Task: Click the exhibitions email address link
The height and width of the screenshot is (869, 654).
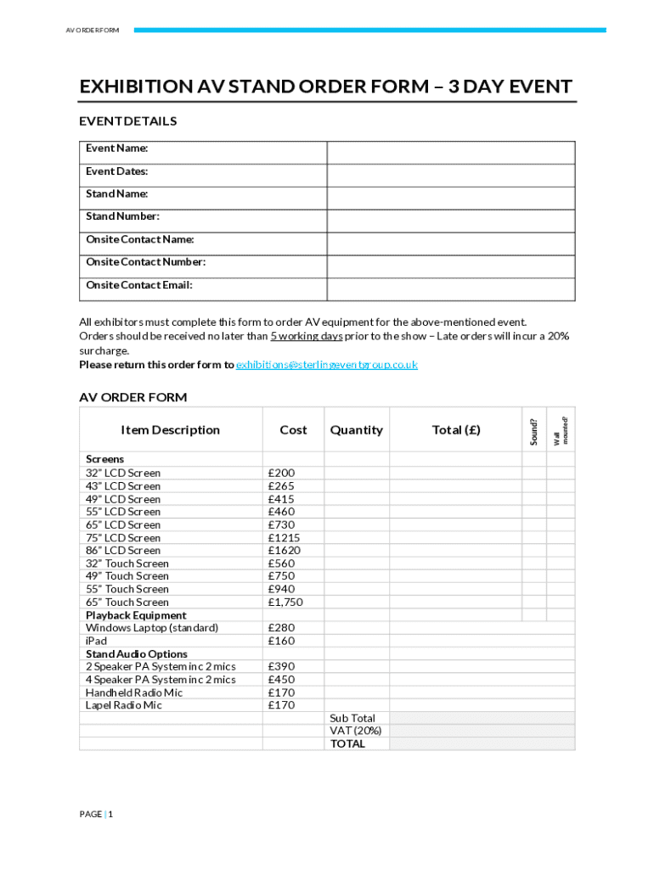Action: tap(326, 365)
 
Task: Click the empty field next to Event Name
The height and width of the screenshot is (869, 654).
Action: tap(450, 153)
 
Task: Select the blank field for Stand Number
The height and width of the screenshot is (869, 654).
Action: tap(450, 221)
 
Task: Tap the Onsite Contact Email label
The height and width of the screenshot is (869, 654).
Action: tap(139, 285)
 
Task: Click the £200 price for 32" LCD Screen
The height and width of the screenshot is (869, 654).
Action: tap(281, 473)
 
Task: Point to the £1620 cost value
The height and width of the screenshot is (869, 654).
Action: tap(284, 550)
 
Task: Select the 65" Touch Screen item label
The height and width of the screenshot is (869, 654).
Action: tap(127, 602)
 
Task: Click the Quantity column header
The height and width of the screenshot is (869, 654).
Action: tap(356, 430)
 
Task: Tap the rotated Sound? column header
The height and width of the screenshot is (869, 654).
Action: tap(534, 431)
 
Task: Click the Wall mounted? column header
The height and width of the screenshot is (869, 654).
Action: tap(560, 430)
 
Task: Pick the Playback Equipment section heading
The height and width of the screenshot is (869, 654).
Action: tap(136, 615)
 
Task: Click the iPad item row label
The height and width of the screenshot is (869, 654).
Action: tap(97, 641)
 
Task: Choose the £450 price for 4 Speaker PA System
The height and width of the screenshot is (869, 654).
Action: tap(281, 679)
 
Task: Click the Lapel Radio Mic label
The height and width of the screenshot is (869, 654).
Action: tap(124, 705)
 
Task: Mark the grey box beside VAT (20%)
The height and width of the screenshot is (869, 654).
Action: tap(482, 731)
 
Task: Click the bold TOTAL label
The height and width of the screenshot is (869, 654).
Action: tap(347, 743)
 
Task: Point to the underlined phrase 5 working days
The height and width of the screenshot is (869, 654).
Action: tap(307, 336)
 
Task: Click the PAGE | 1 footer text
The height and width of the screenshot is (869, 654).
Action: tap(96, 814)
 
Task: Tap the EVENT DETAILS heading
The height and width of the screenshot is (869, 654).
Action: tap(128, 121)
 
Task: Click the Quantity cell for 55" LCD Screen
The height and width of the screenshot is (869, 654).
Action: tap(356, 512)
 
